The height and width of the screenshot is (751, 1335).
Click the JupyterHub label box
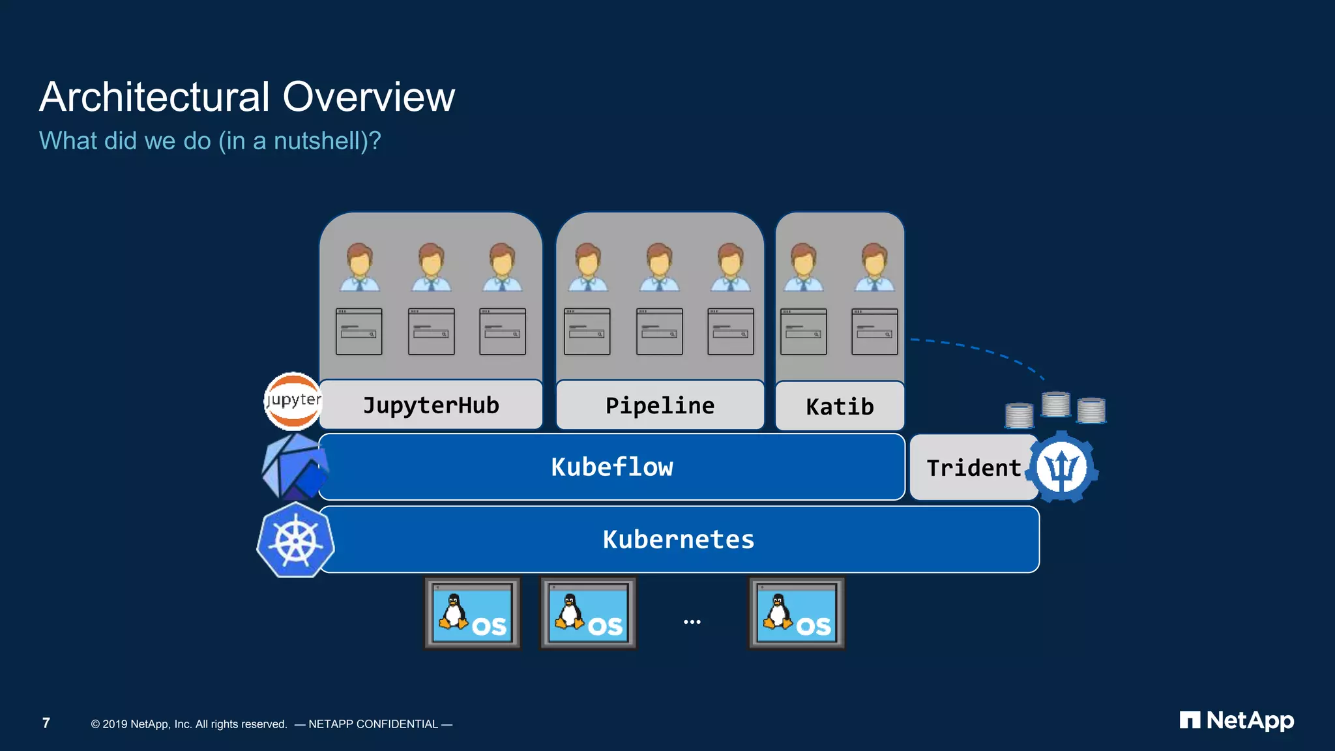pyautogui.click(x=431, y=405)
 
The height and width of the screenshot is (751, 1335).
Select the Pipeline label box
pyautogui.click(x=660, y=405)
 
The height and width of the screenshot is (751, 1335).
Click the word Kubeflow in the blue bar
pyautogui.click(x=611, y=467)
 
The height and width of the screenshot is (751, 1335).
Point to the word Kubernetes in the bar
pyautogui.click(x=678, y=540)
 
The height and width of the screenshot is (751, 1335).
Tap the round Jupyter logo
pyautogui.click(x=293, y=401)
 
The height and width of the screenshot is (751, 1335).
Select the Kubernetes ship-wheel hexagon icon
pyautogui.click(x=295, y=540)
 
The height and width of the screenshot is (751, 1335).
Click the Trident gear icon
pyautogui.click(x=1062, y=467)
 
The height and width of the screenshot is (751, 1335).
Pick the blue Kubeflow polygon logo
pyautogui.click(x=295, y=467)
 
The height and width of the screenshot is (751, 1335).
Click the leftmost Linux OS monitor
pyautogui.click(x=473, y=613)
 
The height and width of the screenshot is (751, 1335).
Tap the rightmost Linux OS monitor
pyautogui.click(x=796, y=613)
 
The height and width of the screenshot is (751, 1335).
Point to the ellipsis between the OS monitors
pyautogui.click(x=692, y=622)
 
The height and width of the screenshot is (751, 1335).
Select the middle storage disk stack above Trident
pyautogui.click(x=1055, y=404)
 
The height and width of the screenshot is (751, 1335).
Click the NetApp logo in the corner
pyautogui.click(x=1237, y=720)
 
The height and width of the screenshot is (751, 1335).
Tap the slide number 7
pyautogui.click(x=46, y=723)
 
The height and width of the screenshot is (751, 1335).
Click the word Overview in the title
pyautogui.click(x=368, y=97)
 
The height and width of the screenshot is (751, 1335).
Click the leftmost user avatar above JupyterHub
pyautogui.click(x=359, y=267)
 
